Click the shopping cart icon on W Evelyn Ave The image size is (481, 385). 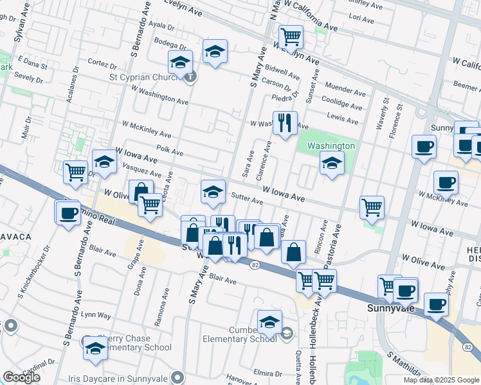pos(291,37)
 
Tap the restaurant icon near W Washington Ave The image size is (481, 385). pos(285,122)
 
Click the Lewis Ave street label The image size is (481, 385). pos(342,117)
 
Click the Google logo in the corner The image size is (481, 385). pos(22,377)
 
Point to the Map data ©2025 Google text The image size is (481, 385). pos(440,380)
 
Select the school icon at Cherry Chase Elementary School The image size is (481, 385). pos(95,348)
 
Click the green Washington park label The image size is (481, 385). pos(331,146)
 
